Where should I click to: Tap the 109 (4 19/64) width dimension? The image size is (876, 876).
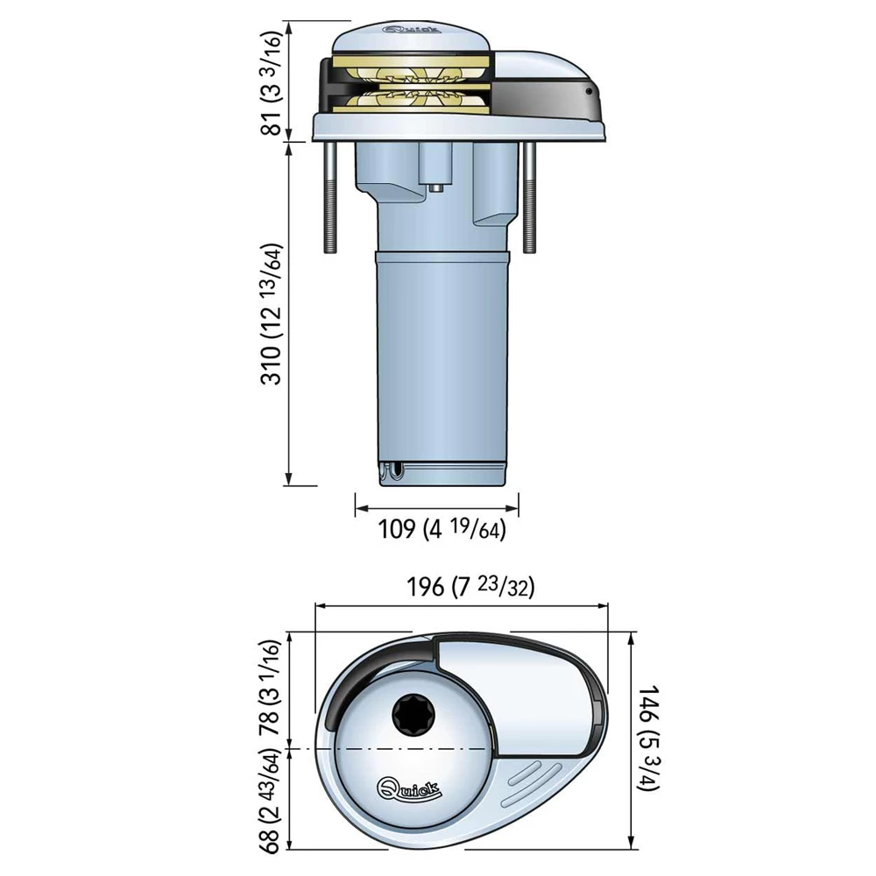442,529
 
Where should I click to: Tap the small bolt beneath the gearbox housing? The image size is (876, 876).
435,186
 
